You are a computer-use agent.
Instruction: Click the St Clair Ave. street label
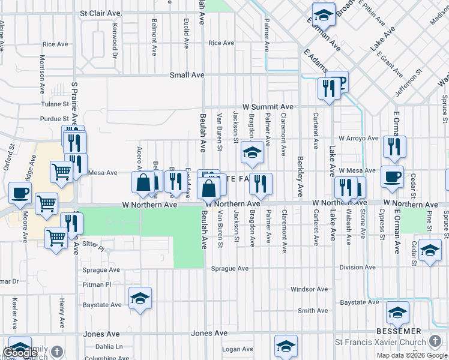101,13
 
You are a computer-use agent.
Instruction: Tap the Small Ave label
187,75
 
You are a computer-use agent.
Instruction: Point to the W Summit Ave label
268,107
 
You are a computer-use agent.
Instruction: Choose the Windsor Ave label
309,289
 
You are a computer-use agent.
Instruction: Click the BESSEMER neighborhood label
398,331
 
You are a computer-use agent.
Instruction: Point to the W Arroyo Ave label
358,138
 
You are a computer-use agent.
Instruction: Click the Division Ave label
357,268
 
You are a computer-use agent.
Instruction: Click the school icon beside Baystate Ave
140,298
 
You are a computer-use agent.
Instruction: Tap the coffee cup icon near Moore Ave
19,194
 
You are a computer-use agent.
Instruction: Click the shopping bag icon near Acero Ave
143,182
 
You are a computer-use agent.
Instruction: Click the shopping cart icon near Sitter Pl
56,238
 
